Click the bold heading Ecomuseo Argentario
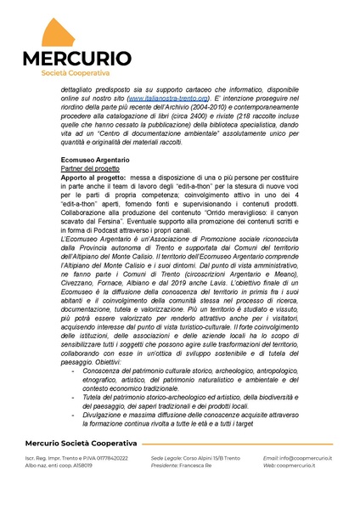(95, 160)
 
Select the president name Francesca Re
(194, 466)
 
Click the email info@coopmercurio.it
(307, 458)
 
